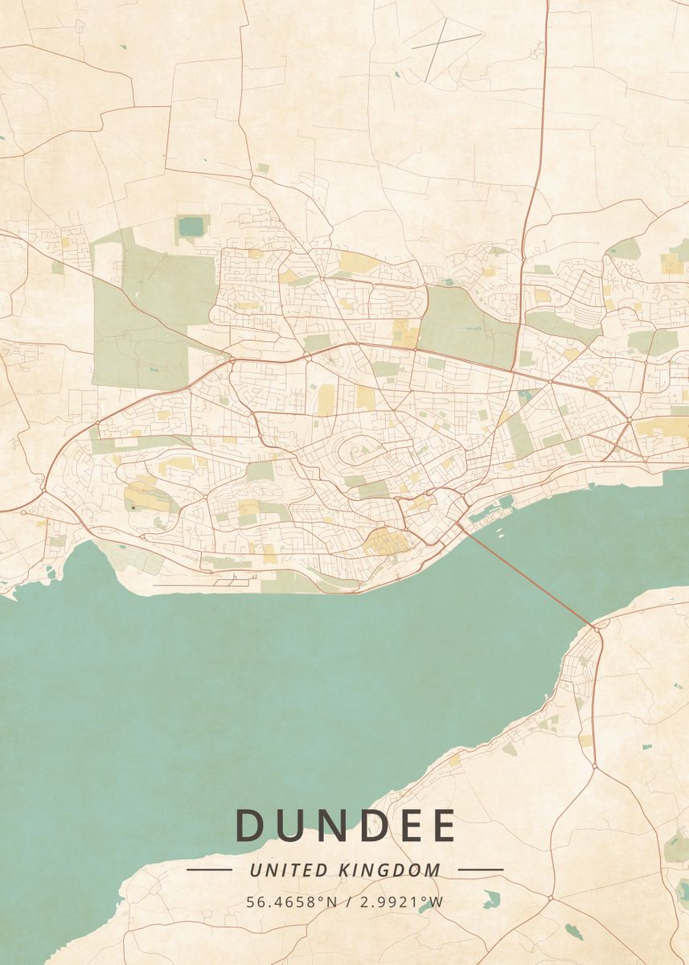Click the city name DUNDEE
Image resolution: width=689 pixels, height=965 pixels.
pos(345,825)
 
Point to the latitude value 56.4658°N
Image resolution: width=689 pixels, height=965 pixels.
pos(292,901)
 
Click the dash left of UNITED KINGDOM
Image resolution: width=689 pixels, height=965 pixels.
pos(209,870)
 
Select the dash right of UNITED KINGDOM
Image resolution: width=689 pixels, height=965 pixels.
pos(481,870)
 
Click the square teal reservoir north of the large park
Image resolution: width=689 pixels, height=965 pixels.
pos(191,227)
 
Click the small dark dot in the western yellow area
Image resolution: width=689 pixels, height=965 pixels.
pos(133,507)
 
